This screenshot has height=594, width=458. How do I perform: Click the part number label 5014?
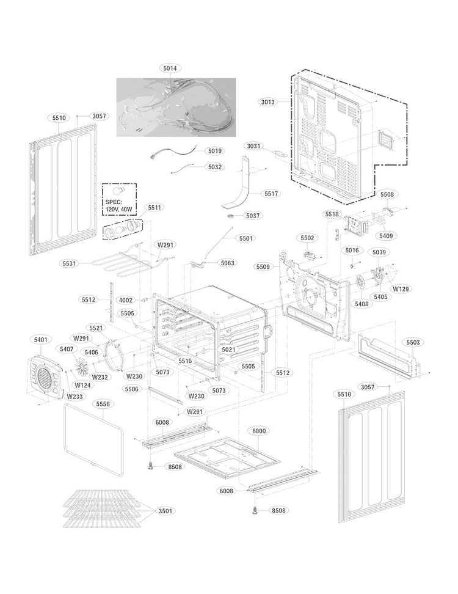(x=170, y=69)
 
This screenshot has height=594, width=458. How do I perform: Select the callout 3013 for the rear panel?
(x=268, y=102)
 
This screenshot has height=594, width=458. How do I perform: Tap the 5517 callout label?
(x=272, y=194)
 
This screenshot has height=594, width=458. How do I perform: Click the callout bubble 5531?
(x=70, y=263)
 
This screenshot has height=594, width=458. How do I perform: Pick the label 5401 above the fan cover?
(x=41, y=339)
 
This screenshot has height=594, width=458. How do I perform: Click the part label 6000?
(x=259, y=431)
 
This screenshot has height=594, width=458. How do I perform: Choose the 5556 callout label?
(x=103, y=404)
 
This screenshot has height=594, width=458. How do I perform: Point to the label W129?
(x=401, y=288)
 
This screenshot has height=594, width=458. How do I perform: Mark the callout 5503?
(x=413, y=342)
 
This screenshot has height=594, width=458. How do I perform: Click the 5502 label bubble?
(x=307, y=237)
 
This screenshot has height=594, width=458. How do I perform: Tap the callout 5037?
(x=253, y=216)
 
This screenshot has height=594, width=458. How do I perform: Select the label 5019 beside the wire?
(x=215, y=150)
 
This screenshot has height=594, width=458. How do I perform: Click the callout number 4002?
(x=126, y=300)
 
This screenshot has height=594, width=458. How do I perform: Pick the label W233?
(x=75, y=397)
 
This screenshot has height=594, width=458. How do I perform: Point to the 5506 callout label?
(x=131, y=389)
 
